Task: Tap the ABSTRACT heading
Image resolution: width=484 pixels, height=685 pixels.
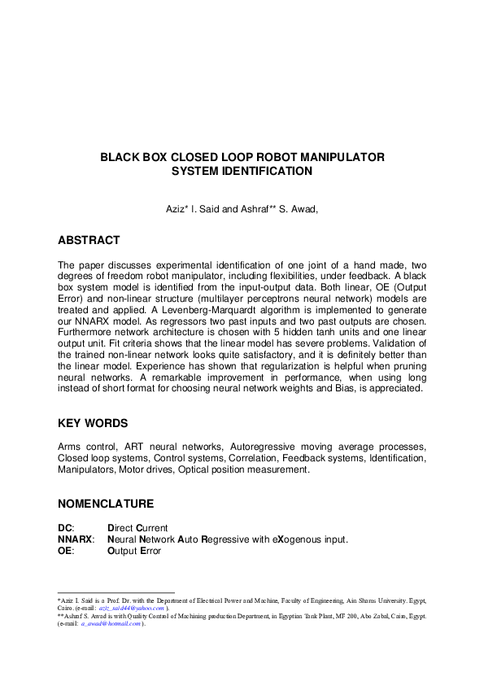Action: point(89,240)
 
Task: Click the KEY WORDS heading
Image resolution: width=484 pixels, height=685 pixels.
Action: point(92,424)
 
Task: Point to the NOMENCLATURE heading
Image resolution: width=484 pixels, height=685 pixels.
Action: point(105,504)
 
